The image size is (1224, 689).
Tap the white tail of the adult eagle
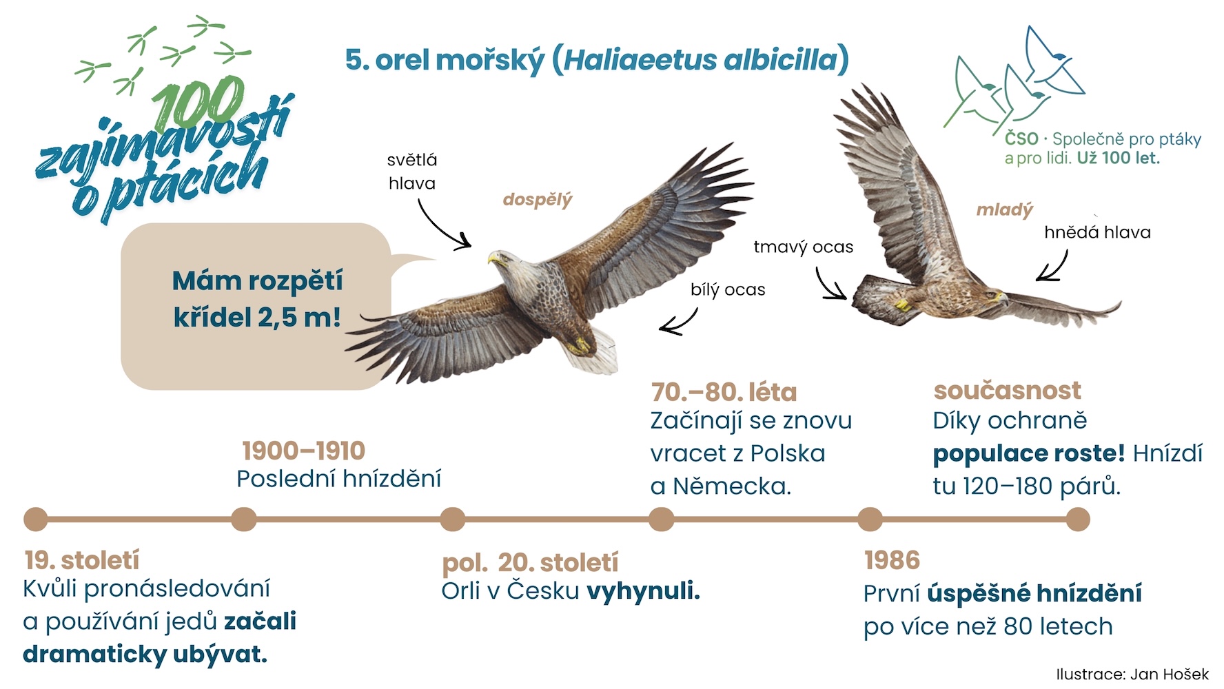coord(593,351)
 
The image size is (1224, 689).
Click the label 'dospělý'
coord(538,200)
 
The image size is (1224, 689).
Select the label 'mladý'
coord(1005,210)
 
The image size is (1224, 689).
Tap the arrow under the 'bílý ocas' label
coord(680,322)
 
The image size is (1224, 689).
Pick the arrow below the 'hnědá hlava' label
coord(1054,267)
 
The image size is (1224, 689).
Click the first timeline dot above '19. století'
coord(36,520)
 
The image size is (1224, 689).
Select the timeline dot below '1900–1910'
coord(244,520)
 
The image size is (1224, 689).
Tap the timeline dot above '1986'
coord(870,520)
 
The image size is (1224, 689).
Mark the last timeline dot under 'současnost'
coord(1078,520)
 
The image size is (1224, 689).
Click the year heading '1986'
coord(892,560)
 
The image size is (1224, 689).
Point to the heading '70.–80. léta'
coord(724,392)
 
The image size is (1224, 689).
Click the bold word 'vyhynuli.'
coord(644,591)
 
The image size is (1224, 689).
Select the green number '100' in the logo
coord(198,103)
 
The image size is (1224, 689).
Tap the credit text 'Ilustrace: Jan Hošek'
coord(1132,674)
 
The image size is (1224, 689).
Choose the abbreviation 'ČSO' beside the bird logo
coord(1021,138)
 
